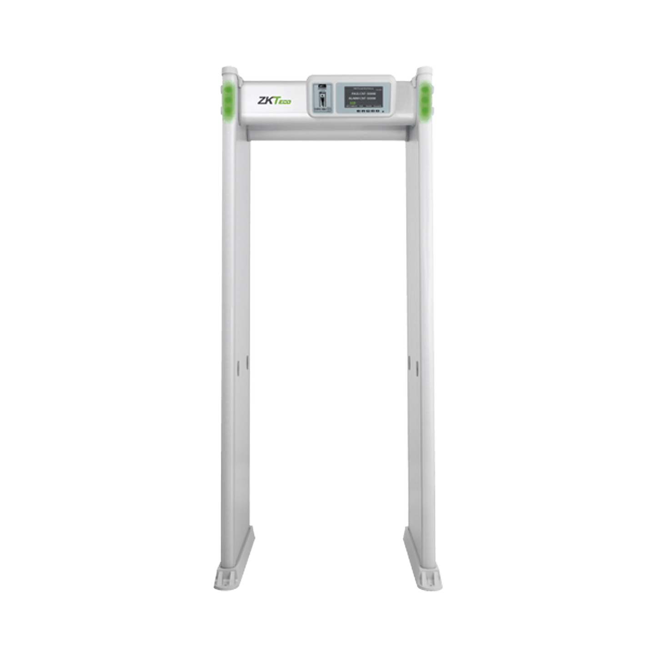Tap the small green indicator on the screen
tap(351, 104)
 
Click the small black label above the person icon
tap(323, 86)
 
